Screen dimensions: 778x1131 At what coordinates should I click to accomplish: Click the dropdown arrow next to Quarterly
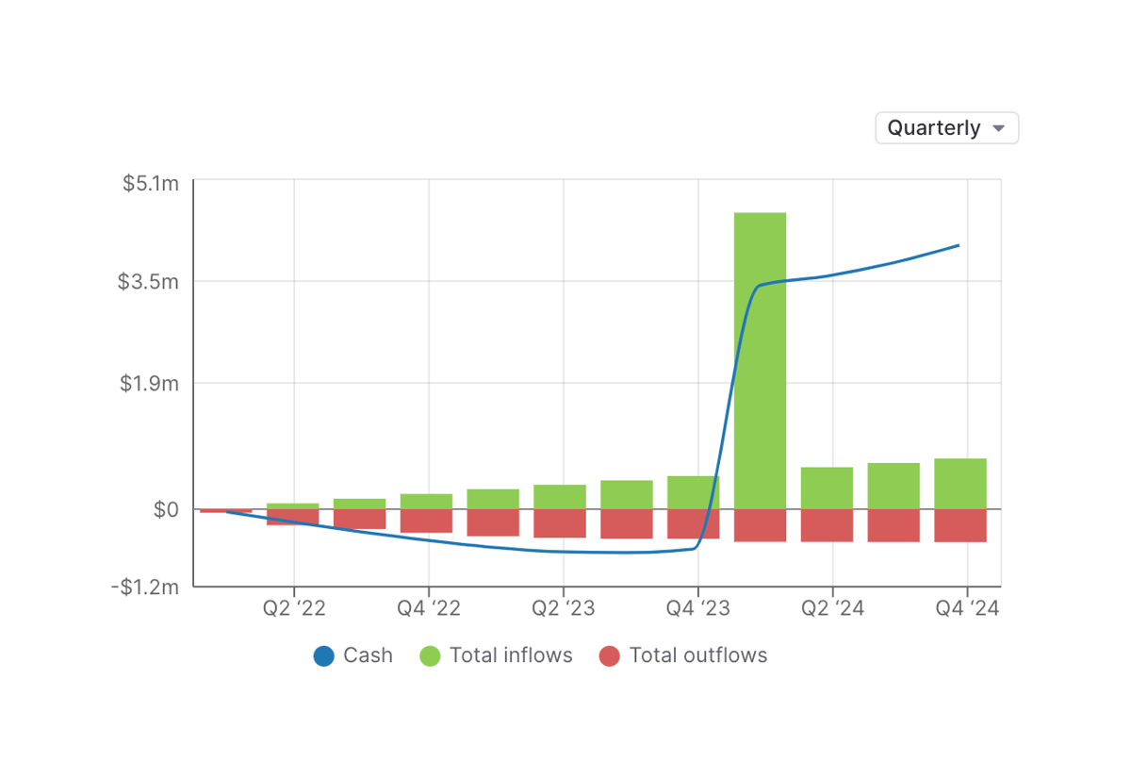coord(999,128)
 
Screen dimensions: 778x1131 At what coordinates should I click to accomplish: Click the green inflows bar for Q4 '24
coord(960,484)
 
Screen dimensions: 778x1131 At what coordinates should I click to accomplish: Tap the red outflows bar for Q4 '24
coord(960,525)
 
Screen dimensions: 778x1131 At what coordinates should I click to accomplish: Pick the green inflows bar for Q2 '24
coord(827,488)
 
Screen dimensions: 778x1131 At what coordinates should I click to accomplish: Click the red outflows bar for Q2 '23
coord(560,523)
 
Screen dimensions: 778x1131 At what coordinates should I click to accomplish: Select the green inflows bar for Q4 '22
coord(426,502)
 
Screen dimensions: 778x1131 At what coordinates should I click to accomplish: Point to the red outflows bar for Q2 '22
coord(292,517)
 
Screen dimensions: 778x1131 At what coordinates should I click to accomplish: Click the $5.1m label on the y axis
coord(151,183)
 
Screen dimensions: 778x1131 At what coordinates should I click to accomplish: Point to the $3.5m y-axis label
coord(148,281)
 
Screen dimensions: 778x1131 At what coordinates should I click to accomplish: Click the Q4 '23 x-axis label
coord(697,609)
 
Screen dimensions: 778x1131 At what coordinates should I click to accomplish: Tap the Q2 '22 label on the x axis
coord(294,609)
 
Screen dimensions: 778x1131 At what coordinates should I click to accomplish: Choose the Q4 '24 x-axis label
coord(967,609)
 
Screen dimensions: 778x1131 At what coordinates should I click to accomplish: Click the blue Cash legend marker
coord(324,656)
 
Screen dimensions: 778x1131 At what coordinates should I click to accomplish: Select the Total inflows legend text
coord(511,655)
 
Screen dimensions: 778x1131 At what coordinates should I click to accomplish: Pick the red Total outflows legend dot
coord(610,656)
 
